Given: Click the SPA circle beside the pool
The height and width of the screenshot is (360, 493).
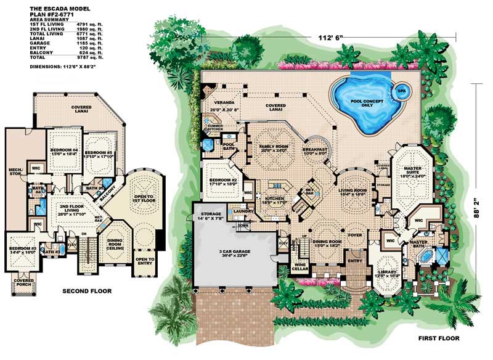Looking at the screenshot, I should pos(401,90).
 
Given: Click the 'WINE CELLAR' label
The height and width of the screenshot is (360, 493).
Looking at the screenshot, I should pos(300,269).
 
